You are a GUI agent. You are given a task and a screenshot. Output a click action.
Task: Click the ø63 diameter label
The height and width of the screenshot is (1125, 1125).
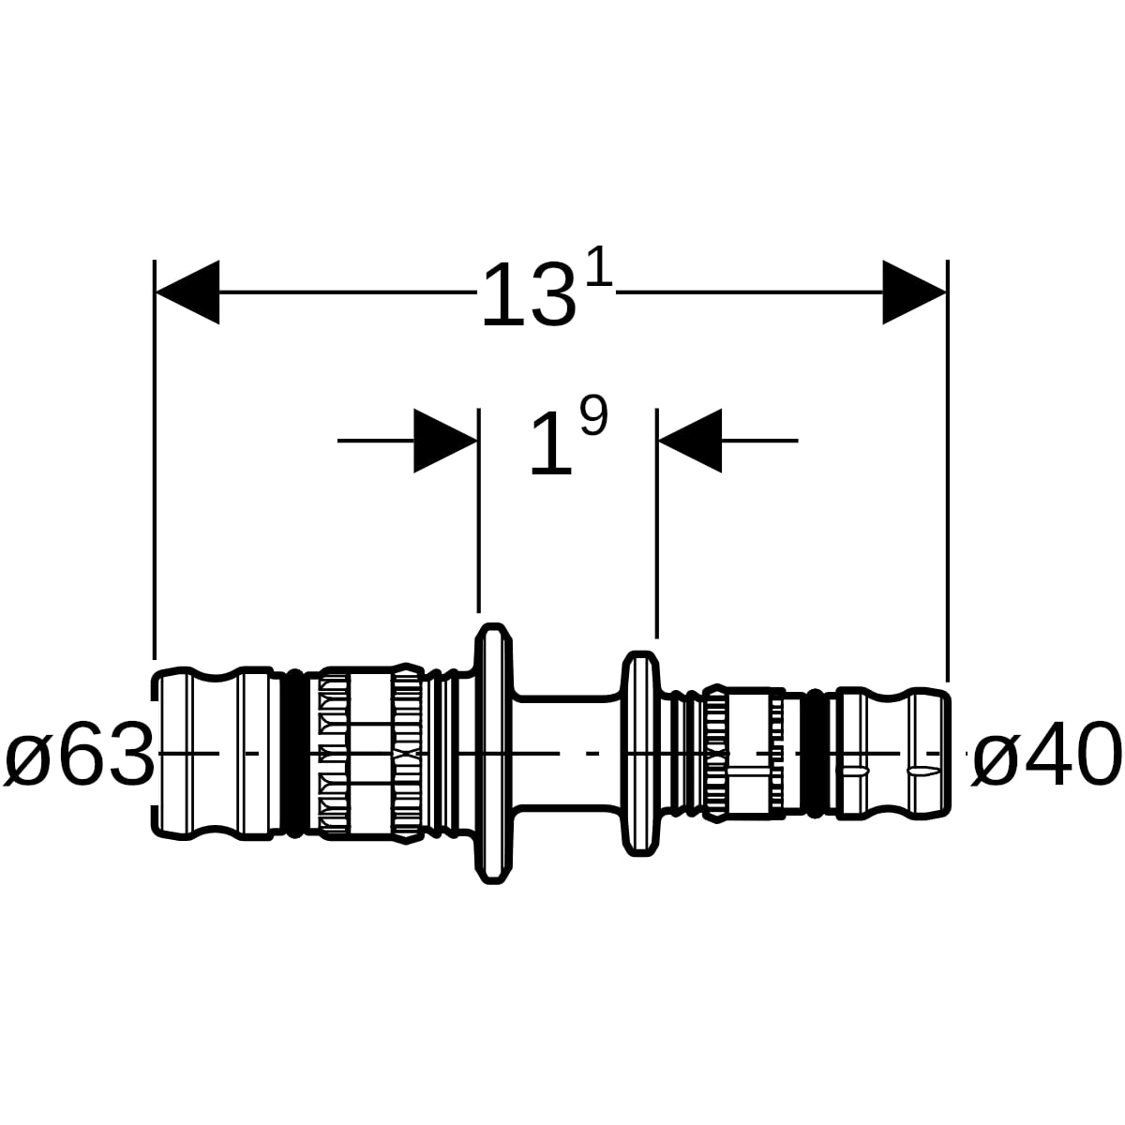(79, 754)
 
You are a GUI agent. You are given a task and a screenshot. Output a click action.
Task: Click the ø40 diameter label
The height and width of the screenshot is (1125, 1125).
(1047, 754)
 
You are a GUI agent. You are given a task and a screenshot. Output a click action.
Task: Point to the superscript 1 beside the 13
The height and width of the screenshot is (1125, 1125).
(600, 267)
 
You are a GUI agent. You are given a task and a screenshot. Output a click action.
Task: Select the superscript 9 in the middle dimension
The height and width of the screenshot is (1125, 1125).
(593, 415)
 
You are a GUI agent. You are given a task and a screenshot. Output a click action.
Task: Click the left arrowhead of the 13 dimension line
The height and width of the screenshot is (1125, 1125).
(187, 292)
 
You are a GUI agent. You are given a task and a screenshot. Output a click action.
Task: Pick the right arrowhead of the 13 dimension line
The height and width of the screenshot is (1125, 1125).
(914, 292)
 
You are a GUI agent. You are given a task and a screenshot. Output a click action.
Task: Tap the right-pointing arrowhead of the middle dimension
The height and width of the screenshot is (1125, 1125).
(445, 441)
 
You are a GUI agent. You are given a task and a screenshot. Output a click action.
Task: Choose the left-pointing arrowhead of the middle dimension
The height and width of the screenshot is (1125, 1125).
(690, 441)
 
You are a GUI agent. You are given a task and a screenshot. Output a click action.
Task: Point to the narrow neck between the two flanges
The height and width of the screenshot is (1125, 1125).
(567, 754)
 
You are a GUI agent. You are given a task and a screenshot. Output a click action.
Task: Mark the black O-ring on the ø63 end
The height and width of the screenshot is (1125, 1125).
(296, 754)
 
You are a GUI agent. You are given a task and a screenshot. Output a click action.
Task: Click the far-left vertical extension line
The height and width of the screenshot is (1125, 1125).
(155, 459)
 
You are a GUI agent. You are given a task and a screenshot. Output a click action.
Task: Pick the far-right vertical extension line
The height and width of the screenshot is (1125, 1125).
(948, 471)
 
